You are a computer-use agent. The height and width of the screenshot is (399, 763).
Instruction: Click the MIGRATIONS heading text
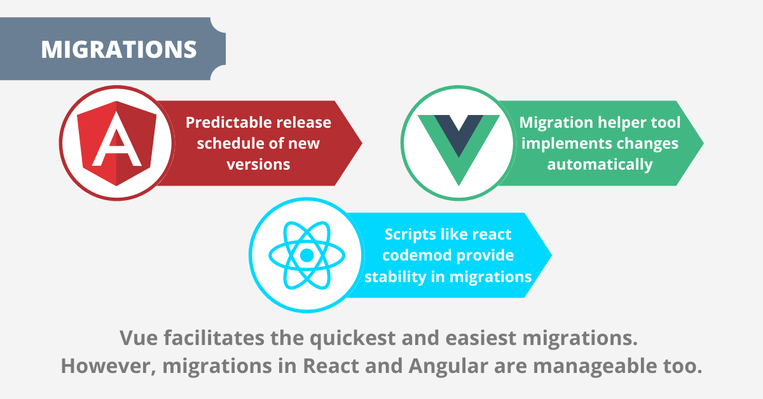click(x=119, y=50)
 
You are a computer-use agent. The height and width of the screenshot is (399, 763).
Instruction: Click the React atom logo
click(x=307, y=255)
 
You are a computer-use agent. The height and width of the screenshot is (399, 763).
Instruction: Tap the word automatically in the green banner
click(x=600, y=164)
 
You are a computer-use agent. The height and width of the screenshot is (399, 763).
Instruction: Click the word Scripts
click(x=411, y=234)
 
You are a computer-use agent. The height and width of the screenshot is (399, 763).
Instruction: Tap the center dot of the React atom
click(x=307, y=255)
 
